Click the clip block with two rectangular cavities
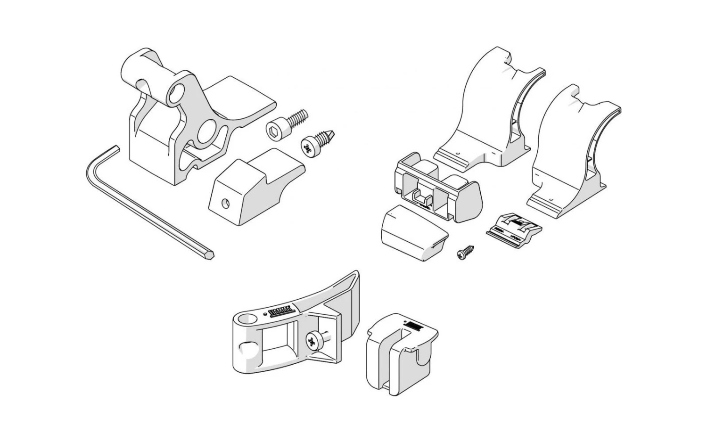click(434, 188)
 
